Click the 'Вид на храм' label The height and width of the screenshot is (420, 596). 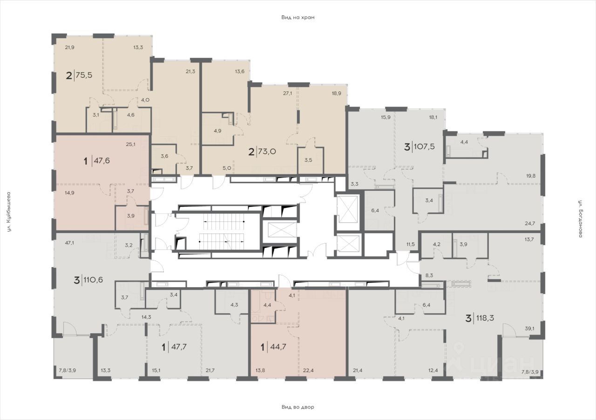coord(298,18)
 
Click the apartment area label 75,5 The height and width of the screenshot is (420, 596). coord(84,75)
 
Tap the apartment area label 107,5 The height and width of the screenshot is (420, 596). coord(424,146)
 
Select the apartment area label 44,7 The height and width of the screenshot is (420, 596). coord(278,347)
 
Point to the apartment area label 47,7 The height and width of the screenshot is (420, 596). coord(178,347)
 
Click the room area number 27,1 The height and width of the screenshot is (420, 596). coord(288,94)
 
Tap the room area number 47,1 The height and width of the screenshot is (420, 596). coord(70,242)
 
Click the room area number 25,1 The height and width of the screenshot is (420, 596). coord(131,145)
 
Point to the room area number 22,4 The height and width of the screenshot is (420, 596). coord(308,371)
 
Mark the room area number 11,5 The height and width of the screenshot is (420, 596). coord(411,244)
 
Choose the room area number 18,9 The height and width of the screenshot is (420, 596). coord(337,94)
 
